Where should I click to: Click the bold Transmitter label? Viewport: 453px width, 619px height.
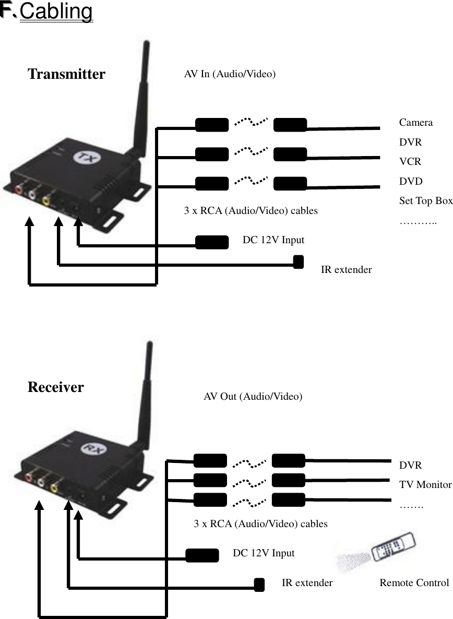(x=66, y=74)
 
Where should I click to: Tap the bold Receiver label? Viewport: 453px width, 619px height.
(x=55, y=387)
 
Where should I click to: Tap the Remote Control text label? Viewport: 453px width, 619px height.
(x=414, y=582)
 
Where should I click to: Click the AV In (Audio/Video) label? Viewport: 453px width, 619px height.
(x=230, y=74)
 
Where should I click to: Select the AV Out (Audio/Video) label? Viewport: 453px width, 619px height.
(x=253, y=396)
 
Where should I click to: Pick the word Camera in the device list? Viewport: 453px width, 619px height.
(x=415, y=123)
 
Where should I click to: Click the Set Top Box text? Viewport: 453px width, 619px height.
(x=425, y=201)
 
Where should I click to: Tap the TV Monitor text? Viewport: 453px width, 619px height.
(x=425, y=484)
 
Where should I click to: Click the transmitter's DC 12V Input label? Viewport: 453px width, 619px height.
(x=273, y=240)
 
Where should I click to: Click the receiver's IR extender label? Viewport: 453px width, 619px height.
(x=307, y=582)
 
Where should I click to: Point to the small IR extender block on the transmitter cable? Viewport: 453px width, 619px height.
(x=298, y=261)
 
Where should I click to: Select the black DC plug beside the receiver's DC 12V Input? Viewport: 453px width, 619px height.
(x=202, y=555)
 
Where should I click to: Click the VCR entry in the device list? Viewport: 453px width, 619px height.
(x=410, y=162)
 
